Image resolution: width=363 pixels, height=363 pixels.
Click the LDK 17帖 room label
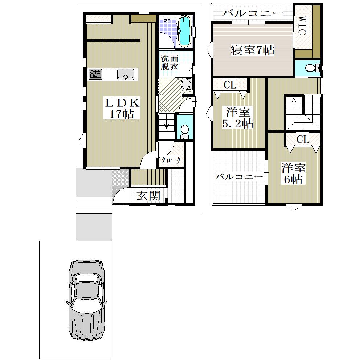122,108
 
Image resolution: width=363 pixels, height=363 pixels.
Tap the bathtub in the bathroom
185,31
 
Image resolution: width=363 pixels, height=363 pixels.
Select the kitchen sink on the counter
126,74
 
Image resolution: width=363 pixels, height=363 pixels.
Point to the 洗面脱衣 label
169,62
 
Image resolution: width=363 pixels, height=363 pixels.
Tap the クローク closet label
171,160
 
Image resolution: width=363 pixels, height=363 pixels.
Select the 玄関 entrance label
148,196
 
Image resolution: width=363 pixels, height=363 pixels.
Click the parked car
87,300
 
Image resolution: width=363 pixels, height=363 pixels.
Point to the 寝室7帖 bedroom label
253,50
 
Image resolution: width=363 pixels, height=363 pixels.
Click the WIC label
301,25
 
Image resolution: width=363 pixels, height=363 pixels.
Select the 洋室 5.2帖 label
238,118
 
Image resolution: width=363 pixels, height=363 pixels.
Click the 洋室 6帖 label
294,174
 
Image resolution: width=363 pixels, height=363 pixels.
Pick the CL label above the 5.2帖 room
230,85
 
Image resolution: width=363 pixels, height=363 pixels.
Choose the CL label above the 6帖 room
303,139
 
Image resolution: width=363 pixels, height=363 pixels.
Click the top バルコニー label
253,13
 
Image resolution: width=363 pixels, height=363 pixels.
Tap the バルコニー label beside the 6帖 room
239,177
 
